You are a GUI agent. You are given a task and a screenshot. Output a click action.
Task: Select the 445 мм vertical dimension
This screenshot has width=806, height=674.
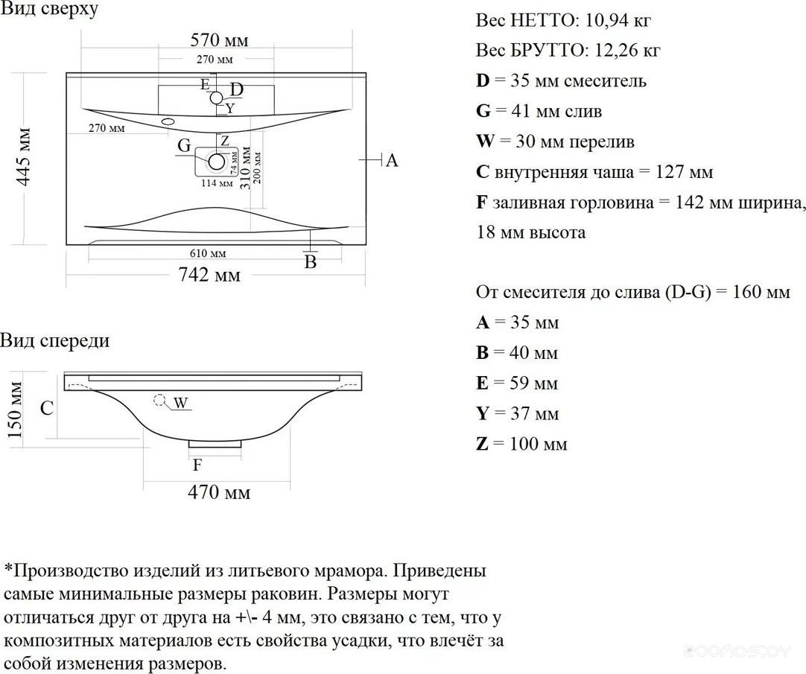tap(25, 156)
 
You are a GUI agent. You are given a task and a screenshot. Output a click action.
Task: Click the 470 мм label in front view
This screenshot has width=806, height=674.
tap(218, 492)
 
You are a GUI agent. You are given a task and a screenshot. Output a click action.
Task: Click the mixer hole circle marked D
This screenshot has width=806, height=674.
tap(216, 97)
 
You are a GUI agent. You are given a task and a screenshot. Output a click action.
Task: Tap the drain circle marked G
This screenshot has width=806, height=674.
tap(217, 161)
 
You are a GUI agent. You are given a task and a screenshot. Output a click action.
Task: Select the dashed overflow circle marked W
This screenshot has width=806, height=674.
tap(159, 400)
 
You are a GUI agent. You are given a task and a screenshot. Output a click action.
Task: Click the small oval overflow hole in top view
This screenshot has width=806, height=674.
tap(167, 120)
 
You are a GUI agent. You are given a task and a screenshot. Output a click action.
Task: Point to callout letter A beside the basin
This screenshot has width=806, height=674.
tap(392, 160)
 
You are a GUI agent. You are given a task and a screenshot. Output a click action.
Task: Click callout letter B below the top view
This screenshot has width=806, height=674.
tap(311, 262)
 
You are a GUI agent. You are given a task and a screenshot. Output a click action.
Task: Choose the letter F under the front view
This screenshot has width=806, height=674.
tap(197, 465)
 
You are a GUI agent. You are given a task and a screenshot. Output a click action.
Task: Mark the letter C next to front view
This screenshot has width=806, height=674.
tap(46, 408)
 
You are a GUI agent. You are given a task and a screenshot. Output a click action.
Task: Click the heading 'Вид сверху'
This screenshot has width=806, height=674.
tap(48, 10)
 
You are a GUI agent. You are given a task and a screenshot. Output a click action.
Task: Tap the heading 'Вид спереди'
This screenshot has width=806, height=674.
tap(54, 340)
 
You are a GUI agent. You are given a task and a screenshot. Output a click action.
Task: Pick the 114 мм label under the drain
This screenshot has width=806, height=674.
tap(215, 183)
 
